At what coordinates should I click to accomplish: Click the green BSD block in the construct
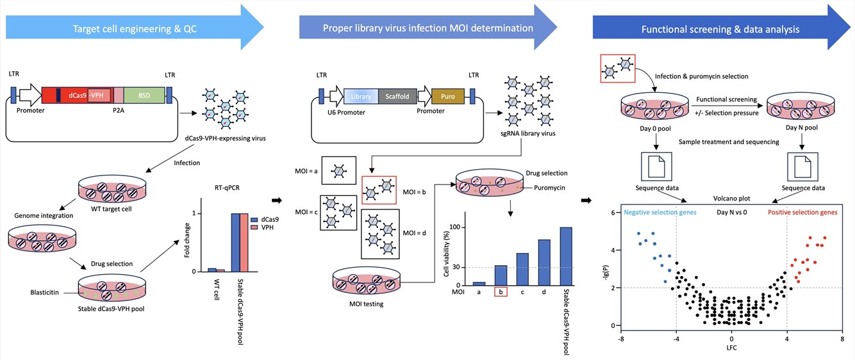point(145,95)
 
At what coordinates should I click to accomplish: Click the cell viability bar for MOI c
point(522,269)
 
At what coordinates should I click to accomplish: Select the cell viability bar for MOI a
point(479,283)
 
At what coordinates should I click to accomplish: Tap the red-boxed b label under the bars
point(501,292)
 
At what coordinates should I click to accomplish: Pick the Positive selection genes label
point(802,212)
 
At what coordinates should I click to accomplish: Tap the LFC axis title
point(731,348)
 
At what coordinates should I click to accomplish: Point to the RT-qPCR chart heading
point(228,188)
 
